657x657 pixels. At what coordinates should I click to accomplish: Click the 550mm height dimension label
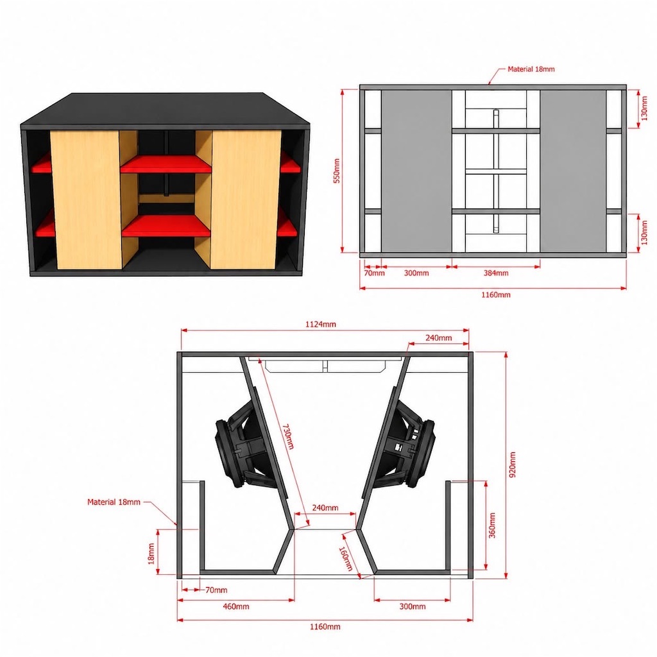tap(336, 171)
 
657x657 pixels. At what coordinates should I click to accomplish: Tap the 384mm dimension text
tap(496, 273)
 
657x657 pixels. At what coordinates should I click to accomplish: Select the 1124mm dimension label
tap(321, 324)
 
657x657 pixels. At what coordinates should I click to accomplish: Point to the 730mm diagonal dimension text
tap(288, 436)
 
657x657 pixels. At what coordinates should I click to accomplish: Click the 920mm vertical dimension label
tap(513, 465)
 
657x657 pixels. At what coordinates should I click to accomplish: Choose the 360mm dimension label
tap(492, 525)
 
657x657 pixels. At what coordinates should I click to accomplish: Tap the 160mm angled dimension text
tap(346, 559)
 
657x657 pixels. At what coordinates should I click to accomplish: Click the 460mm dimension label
tap(236, 606)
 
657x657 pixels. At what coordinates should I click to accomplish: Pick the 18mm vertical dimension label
tap(151, 554)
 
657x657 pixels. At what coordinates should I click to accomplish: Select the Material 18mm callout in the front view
tap(531, 69)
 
